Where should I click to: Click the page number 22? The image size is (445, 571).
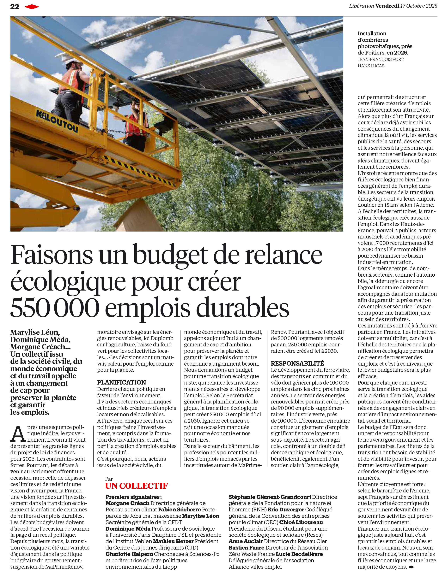pyautogui.click(x=15, y=7)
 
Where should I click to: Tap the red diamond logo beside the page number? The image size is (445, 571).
pyautogui.click(x=32, y=7)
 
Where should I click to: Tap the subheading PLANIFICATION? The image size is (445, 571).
pyautogui.click(x=121, y=382)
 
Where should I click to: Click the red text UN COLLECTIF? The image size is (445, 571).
pyautogui.click(x=136, y=486)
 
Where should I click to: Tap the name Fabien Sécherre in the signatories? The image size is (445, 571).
pyautogui.click(x=179, y=509)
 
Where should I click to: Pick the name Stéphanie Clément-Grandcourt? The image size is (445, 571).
pyautogui.click(x=270, y=497)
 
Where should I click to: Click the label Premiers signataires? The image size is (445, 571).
pyautogui.click(x=133, y=497)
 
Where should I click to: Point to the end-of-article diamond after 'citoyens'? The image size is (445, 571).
pyautogui.click(x=411, y=567)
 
